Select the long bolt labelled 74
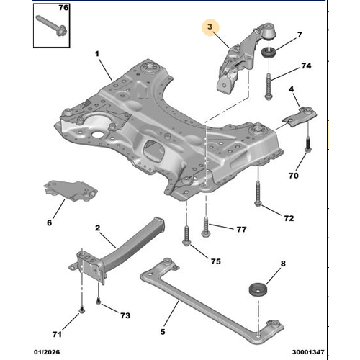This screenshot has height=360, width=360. click(x=269, y=87)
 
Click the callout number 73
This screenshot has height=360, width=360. click(x=125, y=315)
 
